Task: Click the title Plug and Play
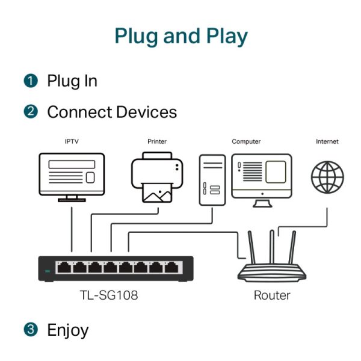point(180,36)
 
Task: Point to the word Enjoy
point(67,330)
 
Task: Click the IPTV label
point(72,142)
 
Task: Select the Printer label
point(157,142)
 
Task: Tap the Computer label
point(246,142)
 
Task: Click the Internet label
point(327,142)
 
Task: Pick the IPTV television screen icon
point(72,174)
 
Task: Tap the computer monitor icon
point(262,177)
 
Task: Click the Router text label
point(272,295)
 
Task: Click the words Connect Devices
point(112,112)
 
